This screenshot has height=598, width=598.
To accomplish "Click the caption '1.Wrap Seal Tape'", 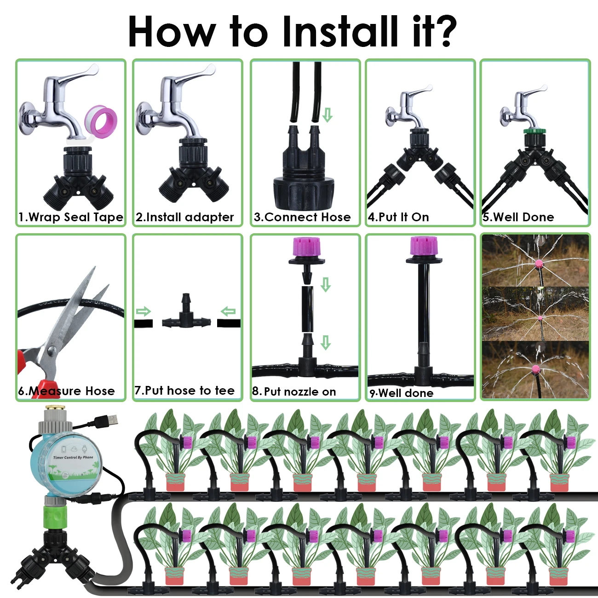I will (x=71, y=217).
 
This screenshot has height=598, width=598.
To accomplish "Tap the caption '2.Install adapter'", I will (x=184, y=217).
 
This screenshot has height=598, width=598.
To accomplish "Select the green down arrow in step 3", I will (x=327, y=115).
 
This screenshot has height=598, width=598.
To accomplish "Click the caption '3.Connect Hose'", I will (x=302, y=217).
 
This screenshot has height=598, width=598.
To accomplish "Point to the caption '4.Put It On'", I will (x=398, y=217).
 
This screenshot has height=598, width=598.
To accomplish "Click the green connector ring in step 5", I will (x=535, y=132).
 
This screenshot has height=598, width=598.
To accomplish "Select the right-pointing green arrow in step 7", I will (x=144, y=312).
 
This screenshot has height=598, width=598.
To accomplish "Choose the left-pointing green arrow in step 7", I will (x=228, y=312).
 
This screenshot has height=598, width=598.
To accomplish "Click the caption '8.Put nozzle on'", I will (x=294, y=392).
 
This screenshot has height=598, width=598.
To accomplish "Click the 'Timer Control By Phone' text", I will (x=73, y=457).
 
